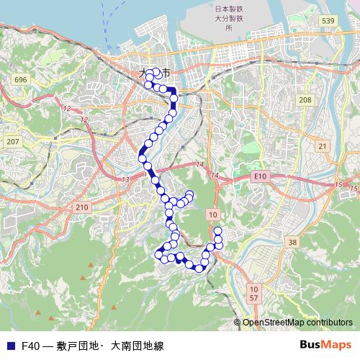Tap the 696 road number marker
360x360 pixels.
(x=20, y=79)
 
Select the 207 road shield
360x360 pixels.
(x=12, y=142)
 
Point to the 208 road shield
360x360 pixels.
(x=305, y=100)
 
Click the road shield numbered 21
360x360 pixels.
(x=323, y=146)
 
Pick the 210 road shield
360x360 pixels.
(x=81, y=207)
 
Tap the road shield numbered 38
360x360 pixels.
(x=292, y=243)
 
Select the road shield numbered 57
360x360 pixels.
(x=253, y=297)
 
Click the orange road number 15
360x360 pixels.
(x=338, y=186)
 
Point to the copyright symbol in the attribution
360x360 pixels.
(x=238, y=323)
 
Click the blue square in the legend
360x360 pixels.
(x=10, y=346)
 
